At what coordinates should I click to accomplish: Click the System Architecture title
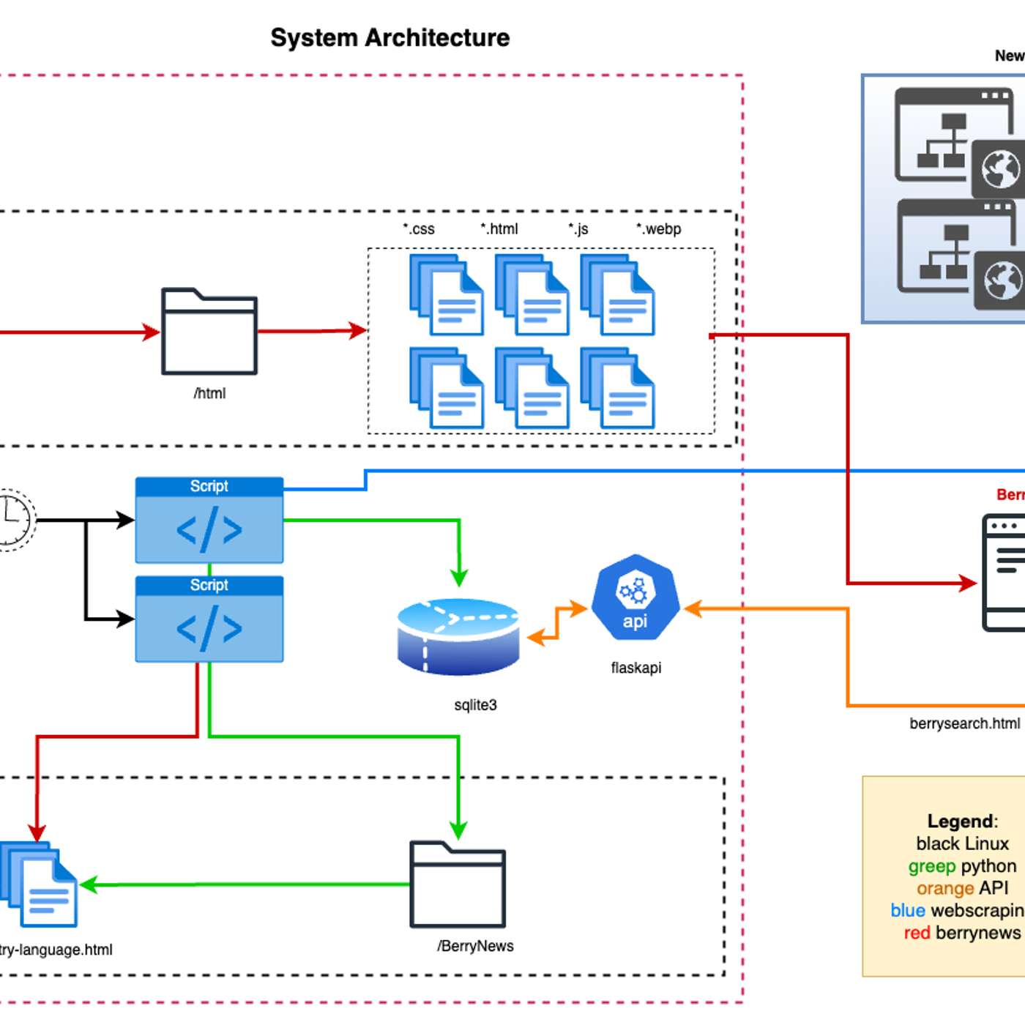tap(389, 37)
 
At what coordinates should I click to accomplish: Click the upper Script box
tap(209, 521)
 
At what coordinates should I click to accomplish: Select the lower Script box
tap(209, 619)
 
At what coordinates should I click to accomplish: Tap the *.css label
tap(419, 229)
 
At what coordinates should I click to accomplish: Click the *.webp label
tap(659, 229)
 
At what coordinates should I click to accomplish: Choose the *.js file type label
tap(578, 229)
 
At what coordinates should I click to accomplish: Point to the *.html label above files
tap(499, 229)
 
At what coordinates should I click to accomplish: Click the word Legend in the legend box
tap(961, 821)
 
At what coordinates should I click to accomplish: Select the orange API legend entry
tap(962, 888)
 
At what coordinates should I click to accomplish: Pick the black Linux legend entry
tap(962, 843)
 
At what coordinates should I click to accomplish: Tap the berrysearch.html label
tap(964, 723)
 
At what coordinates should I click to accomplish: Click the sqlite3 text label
tap(475, 705)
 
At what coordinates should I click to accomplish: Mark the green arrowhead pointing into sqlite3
tap(459, 578)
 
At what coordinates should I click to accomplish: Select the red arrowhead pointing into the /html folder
tap(152, 332)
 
